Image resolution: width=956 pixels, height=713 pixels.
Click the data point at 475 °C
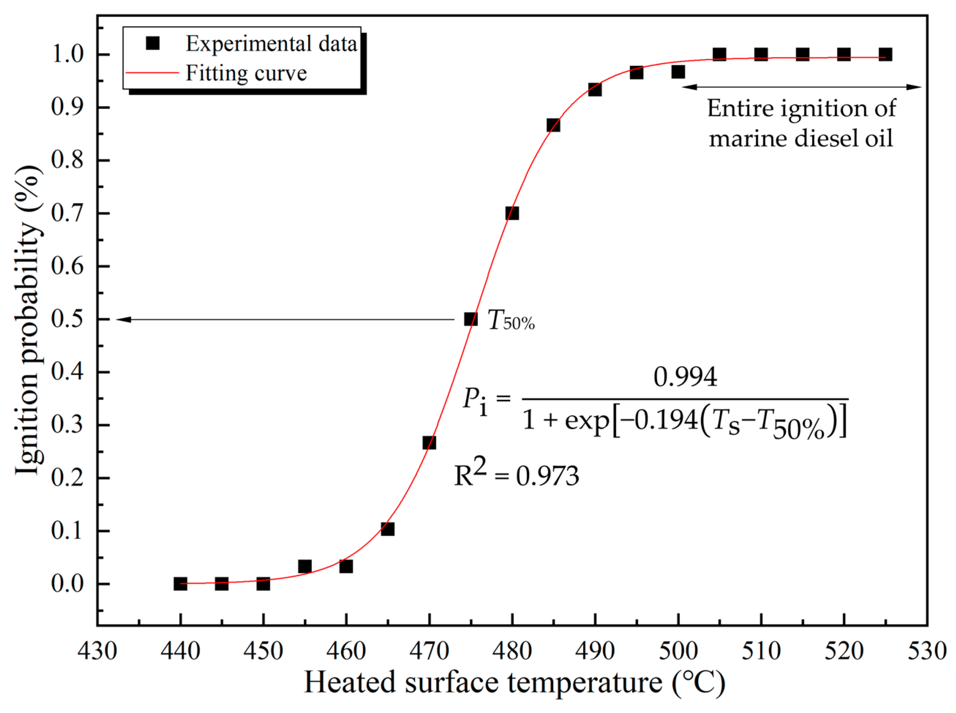(471, 319)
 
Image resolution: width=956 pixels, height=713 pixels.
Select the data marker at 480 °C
(512, 213)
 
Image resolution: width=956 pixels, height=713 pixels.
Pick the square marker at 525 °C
(885, 54)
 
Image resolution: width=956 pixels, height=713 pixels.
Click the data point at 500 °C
(678, 72)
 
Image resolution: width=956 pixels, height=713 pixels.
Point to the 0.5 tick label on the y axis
(67, 319)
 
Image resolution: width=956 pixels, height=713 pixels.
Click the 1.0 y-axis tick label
(67, 55)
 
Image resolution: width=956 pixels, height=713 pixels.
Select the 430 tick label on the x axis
(97, 651)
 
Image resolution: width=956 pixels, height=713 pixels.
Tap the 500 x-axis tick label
(678, 651)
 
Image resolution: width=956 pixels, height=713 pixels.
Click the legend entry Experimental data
(271, 43)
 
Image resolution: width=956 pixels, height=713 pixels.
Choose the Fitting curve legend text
(246, 73)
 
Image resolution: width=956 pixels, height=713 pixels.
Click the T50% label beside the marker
(511, 321)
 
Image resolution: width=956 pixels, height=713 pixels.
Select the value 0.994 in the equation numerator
(685, 377)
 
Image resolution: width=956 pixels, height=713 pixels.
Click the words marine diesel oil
(801, 139)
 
